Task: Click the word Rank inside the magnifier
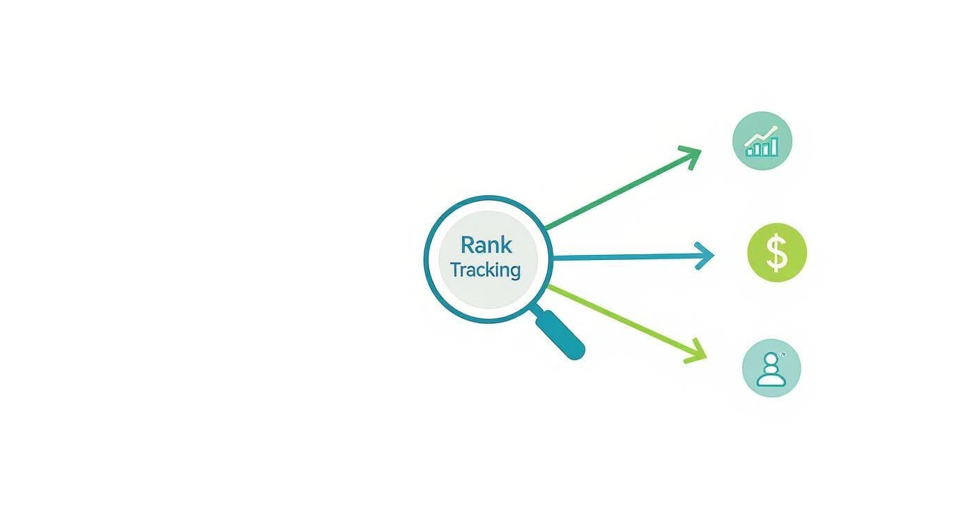(x=486, y=245)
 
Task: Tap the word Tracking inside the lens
(x=485, y=270)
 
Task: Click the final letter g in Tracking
(x=514, y=272)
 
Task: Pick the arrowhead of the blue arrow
(x=706, y=256)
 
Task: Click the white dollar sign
(x=776, y=252)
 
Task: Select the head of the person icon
(x=771, y=361)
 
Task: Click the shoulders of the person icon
(x=771, y=379)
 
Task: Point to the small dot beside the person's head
(x=783, y=355)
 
